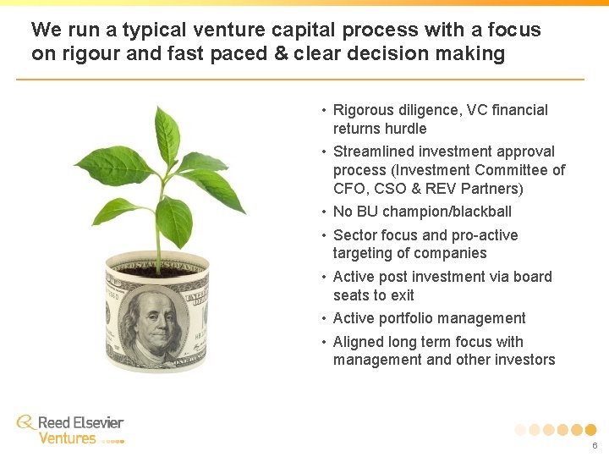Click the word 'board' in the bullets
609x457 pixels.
tap(532, 277)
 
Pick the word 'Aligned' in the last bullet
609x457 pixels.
tap(359, 342)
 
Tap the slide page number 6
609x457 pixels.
tap(595, 445)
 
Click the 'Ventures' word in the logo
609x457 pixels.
tap(68, 438)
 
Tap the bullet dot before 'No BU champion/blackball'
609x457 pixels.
tap(323, 212)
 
